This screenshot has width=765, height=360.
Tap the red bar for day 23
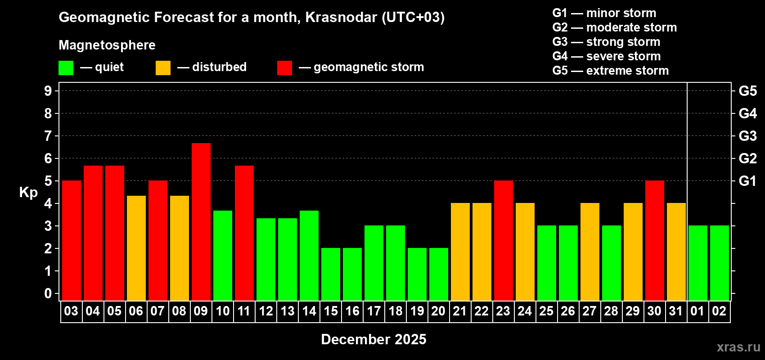504,240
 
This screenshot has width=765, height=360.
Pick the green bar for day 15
331,274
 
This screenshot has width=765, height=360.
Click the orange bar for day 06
136,248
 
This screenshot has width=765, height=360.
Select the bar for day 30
655,240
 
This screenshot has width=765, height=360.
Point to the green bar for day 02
720,263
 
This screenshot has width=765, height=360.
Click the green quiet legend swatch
66,68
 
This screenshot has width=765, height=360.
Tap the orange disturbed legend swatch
163,68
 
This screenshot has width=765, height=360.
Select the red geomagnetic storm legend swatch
284,68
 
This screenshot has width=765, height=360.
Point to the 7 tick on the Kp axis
48,136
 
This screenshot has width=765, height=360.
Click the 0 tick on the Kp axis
48,294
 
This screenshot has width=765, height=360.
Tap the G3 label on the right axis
747,136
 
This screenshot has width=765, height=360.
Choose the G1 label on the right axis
747,181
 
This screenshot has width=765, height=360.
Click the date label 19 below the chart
417,311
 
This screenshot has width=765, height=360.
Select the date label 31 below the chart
676,311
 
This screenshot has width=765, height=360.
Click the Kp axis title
28,193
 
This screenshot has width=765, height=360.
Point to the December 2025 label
373,339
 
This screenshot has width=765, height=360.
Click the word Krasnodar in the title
341,18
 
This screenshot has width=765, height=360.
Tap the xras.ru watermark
738,347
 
